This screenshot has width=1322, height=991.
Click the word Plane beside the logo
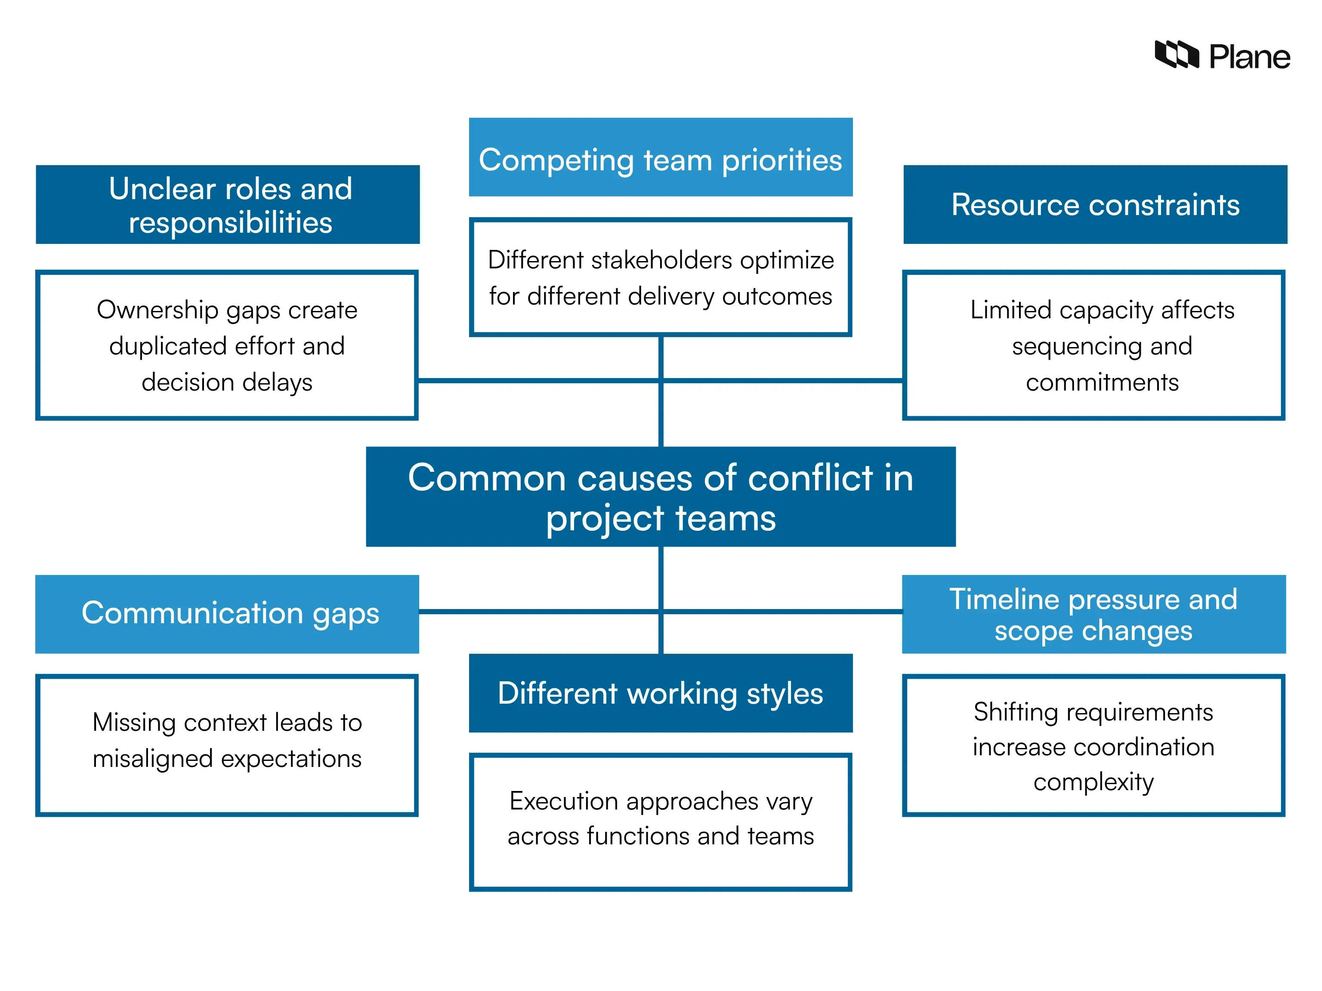(1249, 57)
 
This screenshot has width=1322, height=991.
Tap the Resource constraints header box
(1095, 205)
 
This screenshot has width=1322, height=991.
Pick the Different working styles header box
(661, 693)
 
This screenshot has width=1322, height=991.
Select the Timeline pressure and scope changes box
(1093, 614)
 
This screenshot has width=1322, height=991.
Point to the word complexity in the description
(1093, 782)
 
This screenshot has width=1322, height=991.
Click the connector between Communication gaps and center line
(538, 611)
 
